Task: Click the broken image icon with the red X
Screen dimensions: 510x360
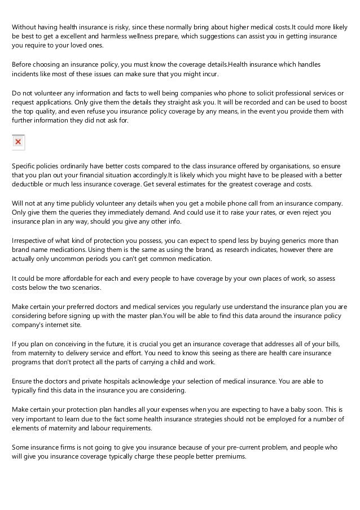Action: (18, 142)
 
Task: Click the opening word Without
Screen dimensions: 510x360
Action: (25, 27)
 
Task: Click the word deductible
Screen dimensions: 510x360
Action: (30, 185)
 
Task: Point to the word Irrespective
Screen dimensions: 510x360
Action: (32, 239)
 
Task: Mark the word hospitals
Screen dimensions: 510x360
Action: (122, 381)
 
